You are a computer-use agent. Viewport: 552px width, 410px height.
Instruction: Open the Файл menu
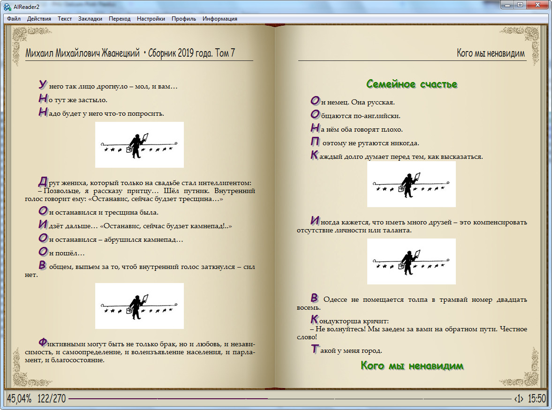point(14,19)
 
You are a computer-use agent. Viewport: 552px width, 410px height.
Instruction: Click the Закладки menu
point(90,19)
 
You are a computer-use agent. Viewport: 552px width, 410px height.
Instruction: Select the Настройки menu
point(151,19)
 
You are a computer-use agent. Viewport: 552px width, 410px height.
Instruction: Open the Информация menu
point(219,19)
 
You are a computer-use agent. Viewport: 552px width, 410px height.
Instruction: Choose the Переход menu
point(120,19)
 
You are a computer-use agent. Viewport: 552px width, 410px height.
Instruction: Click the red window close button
point(537,5)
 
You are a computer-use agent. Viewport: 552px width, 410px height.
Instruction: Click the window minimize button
point(507,5)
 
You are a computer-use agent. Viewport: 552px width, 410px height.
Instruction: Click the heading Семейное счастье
point(412,84)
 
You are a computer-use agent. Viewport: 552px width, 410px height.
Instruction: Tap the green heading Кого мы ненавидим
point(412,365)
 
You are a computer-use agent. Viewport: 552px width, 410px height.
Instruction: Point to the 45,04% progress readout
point(19,399)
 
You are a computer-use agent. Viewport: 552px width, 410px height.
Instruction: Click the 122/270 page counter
point(52,399)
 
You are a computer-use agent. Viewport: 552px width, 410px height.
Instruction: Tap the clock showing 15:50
point(537,399)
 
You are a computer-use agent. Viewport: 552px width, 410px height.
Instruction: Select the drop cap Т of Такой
point(315,349)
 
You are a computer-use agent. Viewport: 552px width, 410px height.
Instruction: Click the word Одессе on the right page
point(338,300)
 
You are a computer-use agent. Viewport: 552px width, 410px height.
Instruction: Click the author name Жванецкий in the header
point(120,53)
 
